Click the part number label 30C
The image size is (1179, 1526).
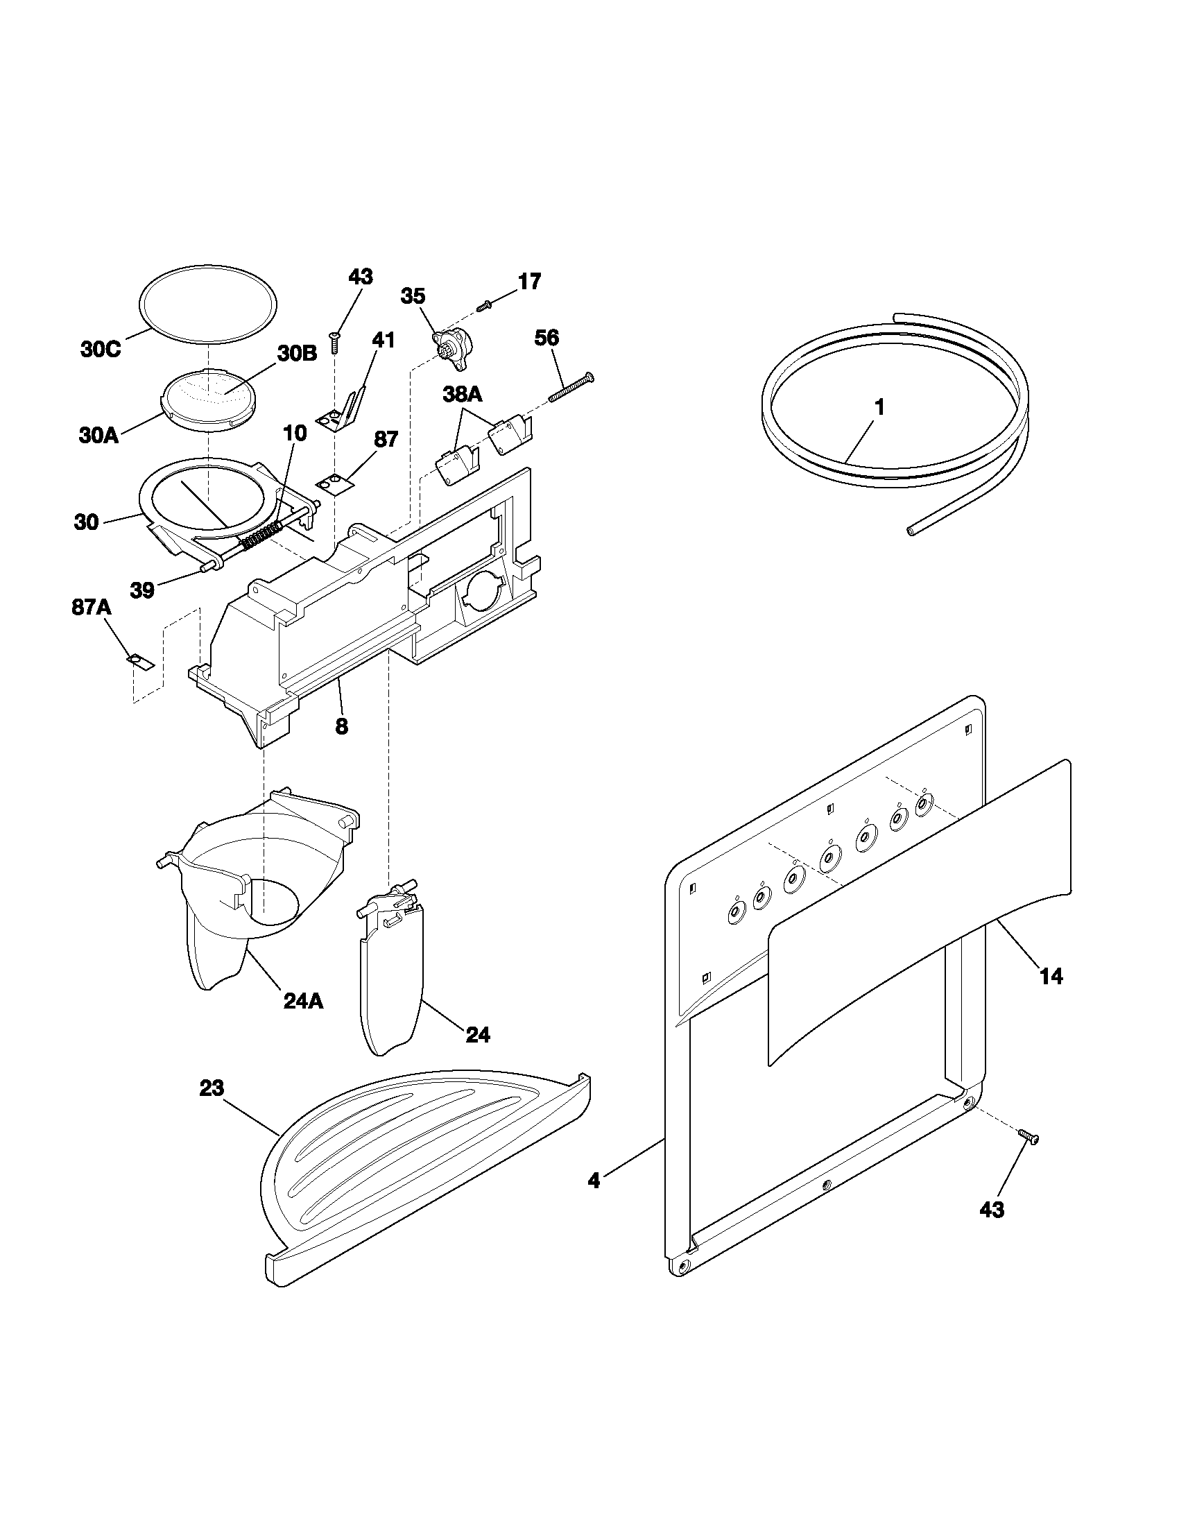(x=101, y=350)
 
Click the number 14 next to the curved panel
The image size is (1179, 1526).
(x=1051, y=976)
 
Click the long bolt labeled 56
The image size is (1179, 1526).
(x=571, y=386)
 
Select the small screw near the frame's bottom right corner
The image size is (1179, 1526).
(x=1027, y=1137)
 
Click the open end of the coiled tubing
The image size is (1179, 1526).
(x=911, y=532)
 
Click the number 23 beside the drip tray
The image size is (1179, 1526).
(x=212, y=1087)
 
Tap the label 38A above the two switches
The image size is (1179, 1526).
(x=462, y=395)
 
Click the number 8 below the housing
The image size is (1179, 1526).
(x=341, y=727)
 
